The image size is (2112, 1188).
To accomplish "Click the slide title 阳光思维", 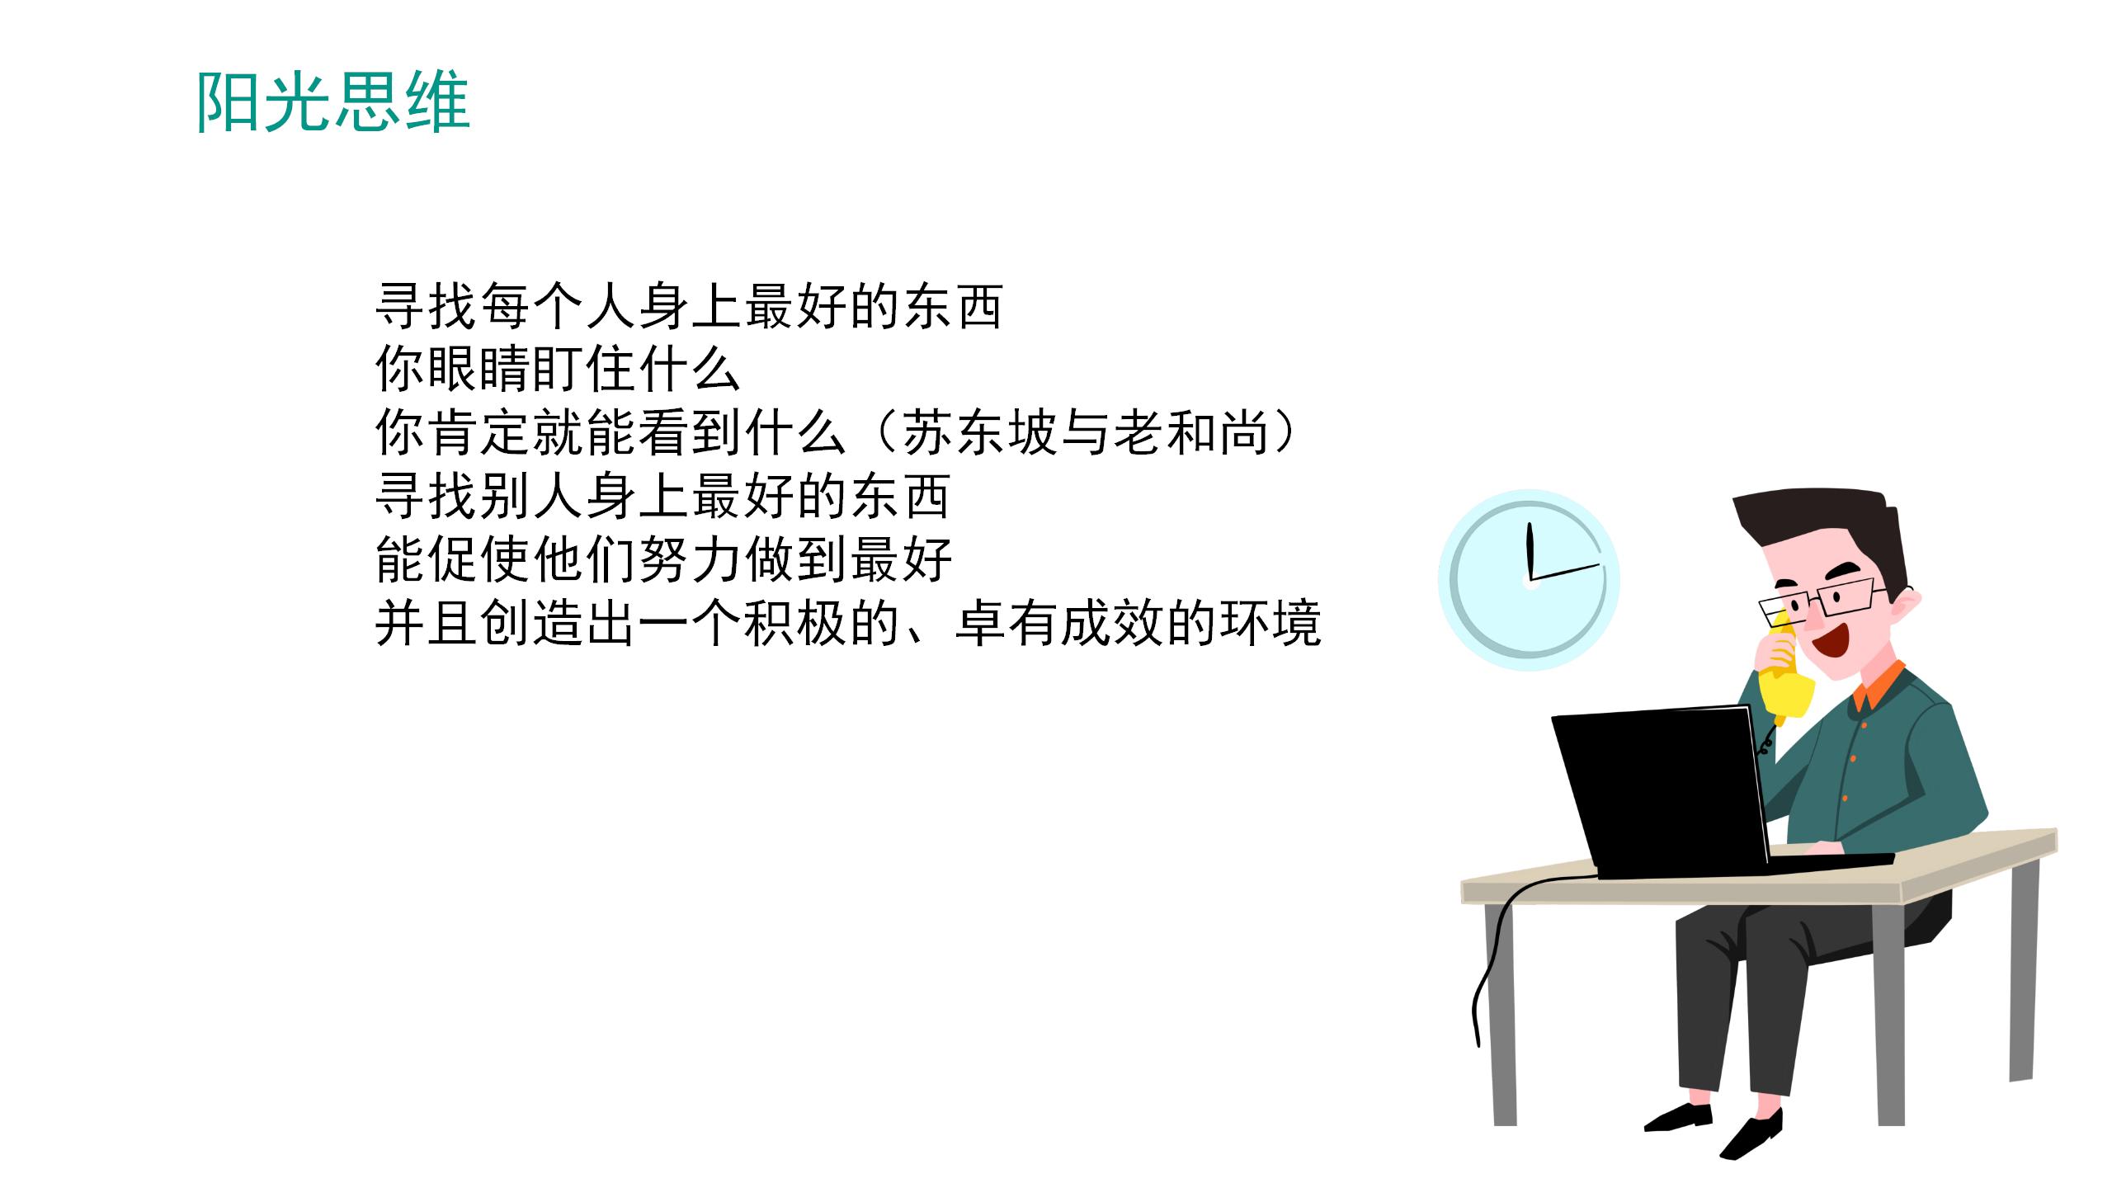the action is pyautogui.click(x=333, y=102).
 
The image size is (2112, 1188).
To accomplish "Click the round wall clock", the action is pyautogui.click(x=1529, y=580).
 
